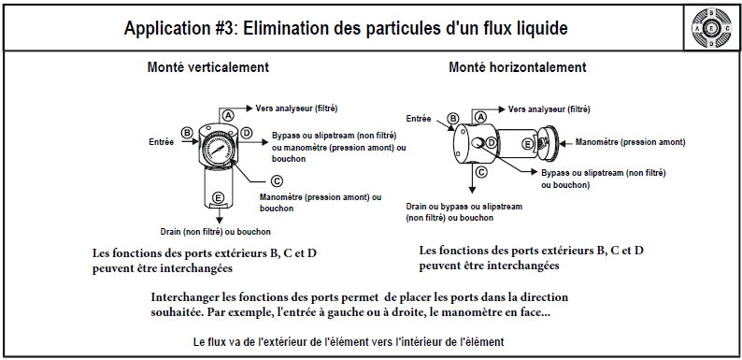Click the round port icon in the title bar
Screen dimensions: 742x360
(x=711, y=28)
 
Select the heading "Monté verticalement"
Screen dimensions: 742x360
(x=208, y=67)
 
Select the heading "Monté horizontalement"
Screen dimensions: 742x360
(x=517, y=67)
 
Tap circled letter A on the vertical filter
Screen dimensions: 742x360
(x=228, y=115)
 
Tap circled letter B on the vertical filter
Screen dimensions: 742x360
(x=188, y=133)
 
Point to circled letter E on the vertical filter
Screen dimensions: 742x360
(x=218, y=198)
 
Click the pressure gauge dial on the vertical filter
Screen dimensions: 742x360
(x=218, y=151)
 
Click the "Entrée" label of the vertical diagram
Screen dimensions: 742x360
(x=162, y=141)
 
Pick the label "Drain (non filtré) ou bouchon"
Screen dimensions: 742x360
(x=215, y=232)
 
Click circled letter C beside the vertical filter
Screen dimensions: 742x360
(x=277, y=180)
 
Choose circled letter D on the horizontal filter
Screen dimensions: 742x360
(x=492, y=142)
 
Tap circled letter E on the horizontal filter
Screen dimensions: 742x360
(x=528, y=145)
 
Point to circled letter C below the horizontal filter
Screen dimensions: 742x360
(x=480, y=172)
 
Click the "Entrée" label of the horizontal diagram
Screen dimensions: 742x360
(x=419, y=119)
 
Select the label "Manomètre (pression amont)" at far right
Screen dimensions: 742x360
(x=630, y=141)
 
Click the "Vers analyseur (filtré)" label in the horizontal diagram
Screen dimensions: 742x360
(x=549, y=109)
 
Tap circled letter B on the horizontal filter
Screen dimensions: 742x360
(x=453, y=119)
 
